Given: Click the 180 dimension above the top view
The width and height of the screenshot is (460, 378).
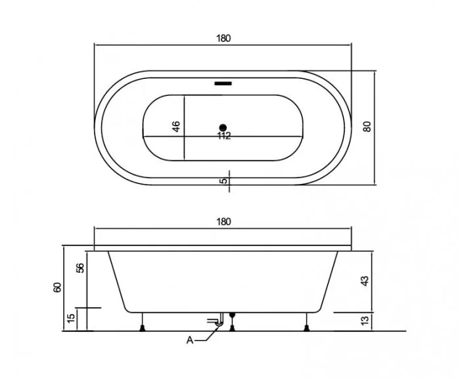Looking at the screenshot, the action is click(x=223, y=38).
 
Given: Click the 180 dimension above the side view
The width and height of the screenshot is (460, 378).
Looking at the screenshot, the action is click(x=223, y=222).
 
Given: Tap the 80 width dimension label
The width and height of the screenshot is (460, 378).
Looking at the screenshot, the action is click(x=367, y=126).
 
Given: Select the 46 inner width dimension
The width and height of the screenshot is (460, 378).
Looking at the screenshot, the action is click(x=176, y=126).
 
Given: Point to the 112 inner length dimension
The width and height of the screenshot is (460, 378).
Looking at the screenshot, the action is click(x=224, y=136).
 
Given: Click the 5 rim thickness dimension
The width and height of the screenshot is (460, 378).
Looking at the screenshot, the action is click(x=223, y=181).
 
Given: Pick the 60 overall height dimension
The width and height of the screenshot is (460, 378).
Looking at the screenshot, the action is click(x=58, y=287).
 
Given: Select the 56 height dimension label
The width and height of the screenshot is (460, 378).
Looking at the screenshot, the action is click(x=80, y=268).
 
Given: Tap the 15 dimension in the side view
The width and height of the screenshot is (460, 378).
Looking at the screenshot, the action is click(x=71, y=318).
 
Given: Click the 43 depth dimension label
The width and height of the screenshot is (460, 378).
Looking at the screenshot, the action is click(x=364, y=281).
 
